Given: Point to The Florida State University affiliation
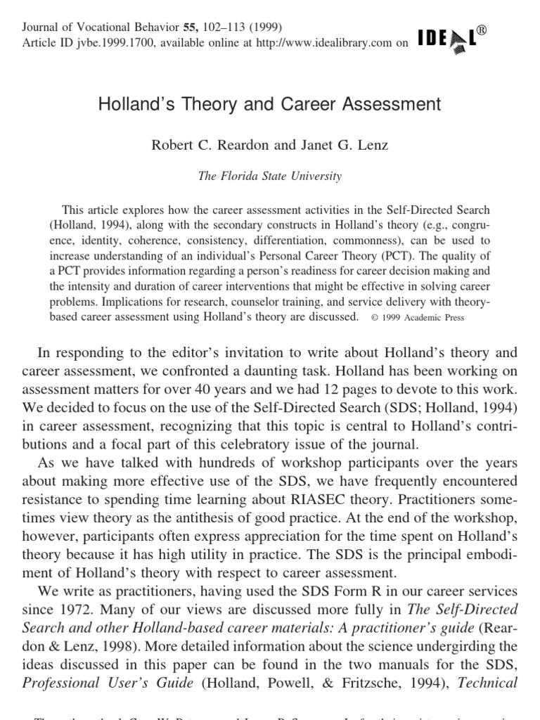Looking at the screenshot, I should (x=270, y=176).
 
